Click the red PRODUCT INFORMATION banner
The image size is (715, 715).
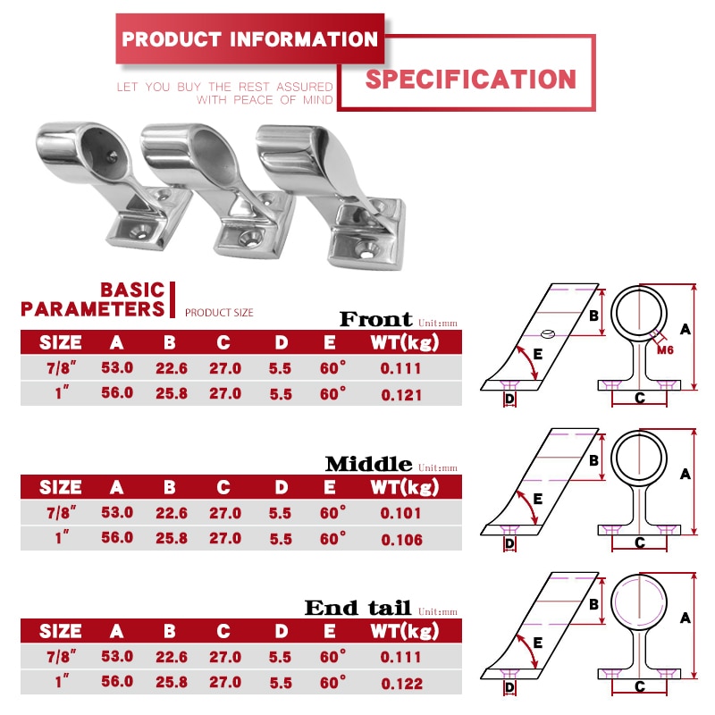tap(249, 39)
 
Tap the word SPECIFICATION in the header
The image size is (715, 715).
tap(471, 79)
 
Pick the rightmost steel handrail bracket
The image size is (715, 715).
tap(335, 192)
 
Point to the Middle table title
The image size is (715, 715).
tap(368, 464)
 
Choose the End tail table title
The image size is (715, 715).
tap(357, 609)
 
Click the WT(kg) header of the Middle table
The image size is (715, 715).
tap(404, 487)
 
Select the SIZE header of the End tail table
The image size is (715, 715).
tap(61, 632)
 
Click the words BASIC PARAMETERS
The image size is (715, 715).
tap(94, 300)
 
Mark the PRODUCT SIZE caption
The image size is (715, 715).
tap(219, 313)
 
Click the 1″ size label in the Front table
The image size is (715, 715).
tap(61, 393)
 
